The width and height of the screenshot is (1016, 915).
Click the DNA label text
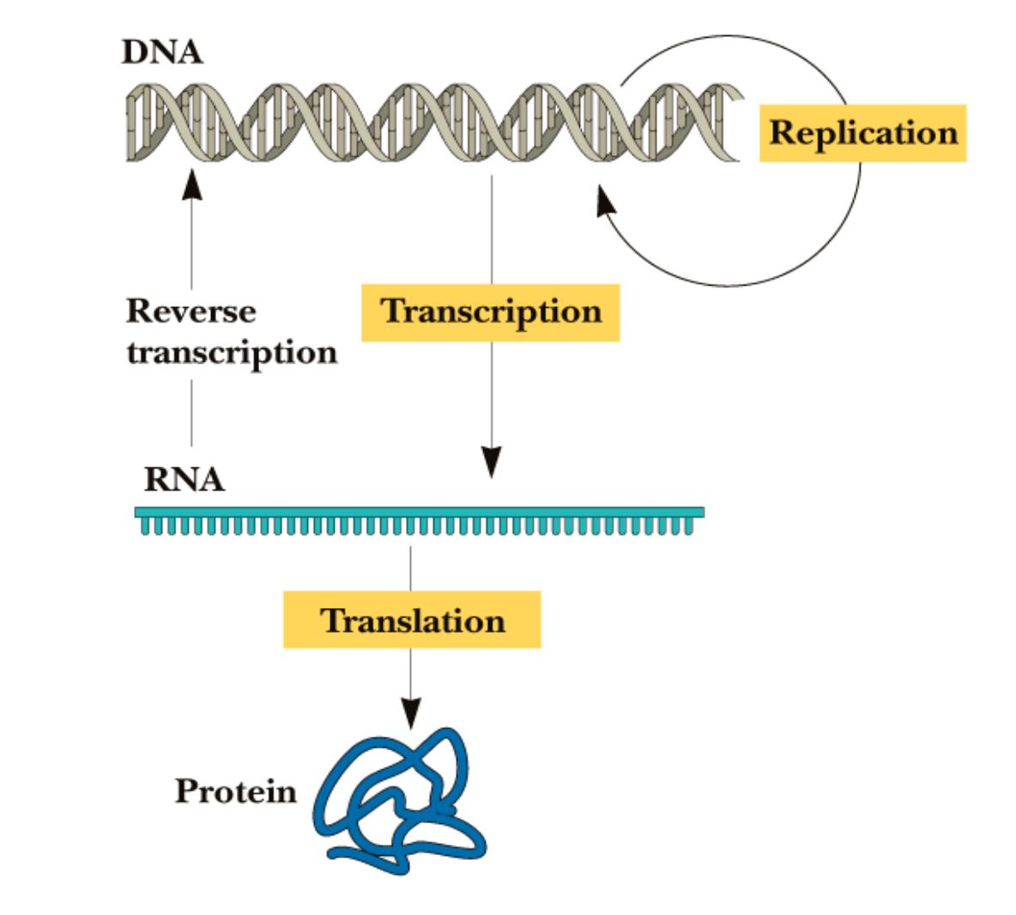coord(162,52)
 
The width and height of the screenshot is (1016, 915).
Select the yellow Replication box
coord(862,133)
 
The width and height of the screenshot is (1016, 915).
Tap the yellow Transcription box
coord(490,312)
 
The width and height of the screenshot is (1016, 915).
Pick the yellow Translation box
coord(412,619)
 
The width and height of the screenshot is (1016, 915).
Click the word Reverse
coord(190,310)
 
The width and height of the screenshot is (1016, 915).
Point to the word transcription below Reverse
coord(232,352)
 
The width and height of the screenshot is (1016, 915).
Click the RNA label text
coord(184,479)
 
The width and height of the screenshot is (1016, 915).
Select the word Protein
coord(235,790)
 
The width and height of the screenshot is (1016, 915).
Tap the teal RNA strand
coord(420,518)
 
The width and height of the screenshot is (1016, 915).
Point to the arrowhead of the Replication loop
coord(606,204)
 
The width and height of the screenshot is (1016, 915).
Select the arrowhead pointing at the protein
coord(411,710)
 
